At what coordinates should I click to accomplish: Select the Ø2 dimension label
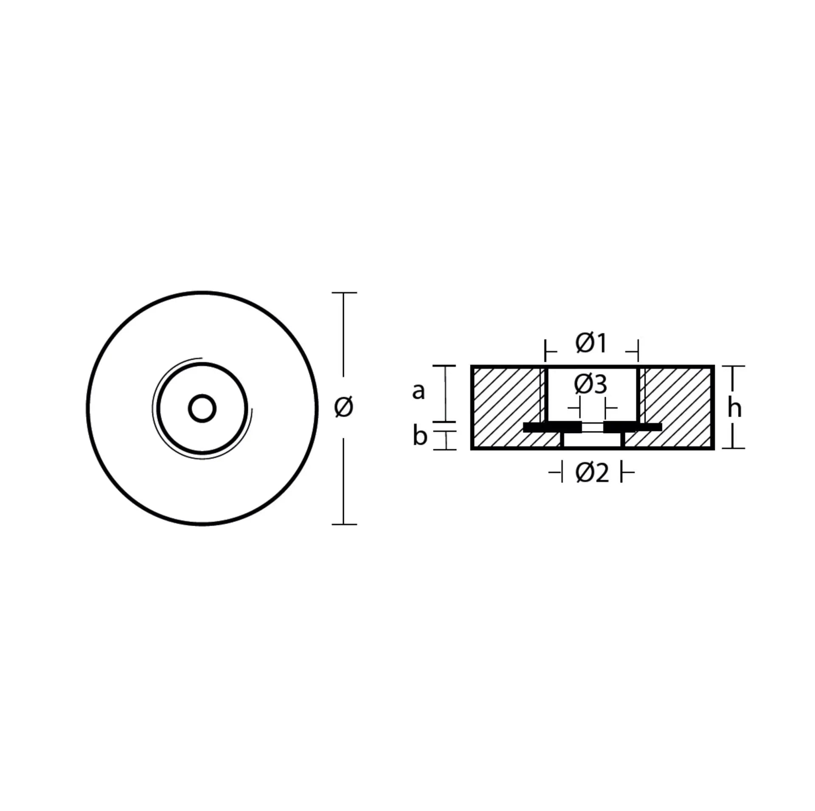pos(592,473)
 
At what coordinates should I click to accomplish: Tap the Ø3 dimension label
pos(590,384)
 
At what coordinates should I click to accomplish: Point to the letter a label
pos(418,391)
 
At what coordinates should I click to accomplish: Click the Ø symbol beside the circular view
pos(343,407)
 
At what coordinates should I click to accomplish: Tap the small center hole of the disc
pos(202,408)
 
